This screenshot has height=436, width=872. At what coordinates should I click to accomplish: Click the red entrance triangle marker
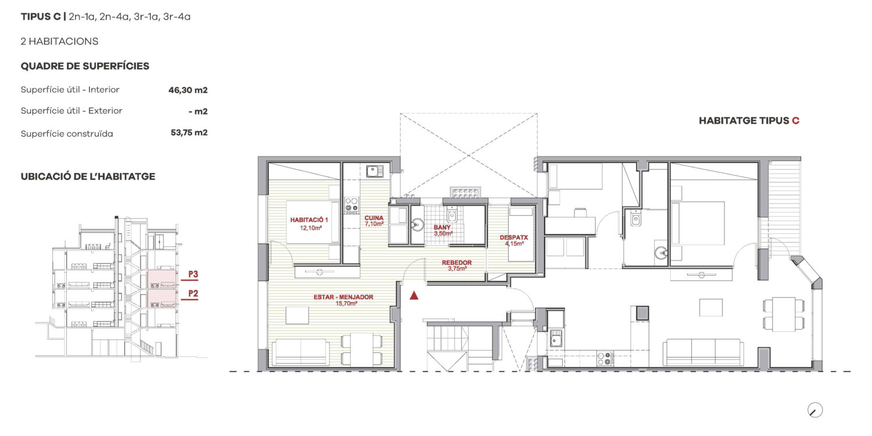(x=414, y=295)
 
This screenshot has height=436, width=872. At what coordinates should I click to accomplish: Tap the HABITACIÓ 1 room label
(x=309, y=220)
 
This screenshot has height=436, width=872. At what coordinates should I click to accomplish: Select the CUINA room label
(x=374, y=218)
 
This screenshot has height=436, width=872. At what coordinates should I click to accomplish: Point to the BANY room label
(x=442, y=227)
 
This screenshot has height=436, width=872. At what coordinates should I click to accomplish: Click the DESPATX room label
(x=514, y=237)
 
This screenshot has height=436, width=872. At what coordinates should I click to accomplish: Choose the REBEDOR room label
(x=456, y=263)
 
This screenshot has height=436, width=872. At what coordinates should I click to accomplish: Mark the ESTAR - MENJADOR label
(x=344, y=297)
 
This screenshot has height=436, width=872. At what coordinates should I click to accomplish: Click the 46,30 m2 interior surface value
(x=188, y=90)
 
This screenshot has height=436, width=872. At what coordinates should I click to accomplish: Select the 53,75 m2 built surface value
(x=189, y=133)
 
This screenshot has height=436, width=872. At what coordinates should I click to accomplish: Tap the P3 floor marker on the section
(x=193, y=274)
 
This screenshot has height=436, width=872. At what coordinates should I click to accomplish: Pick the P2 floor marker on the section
(x=193, y=293)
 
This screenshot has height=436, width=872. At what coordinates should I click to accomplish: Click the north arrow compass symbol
(x=815, y=410)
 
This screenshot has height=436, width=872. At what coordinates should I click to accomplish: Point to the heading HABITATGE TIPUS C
(x=749, y=121)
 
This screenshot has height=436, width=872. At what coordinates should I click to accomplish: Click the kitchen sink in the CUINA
(x=374, y=171)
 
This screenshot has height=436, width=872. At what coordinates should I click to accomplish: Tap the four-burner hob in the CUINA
(x=352, y=205)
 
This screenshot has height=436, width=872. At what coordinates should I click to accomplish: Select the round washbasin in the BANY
(x=418, y=224)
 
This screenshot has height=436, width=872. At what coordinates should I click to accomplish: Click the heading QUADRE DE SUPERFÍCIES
(x=85, y=66)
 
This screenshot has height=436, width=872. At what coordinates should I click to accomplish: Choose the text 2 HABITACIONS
(x=59, y=41)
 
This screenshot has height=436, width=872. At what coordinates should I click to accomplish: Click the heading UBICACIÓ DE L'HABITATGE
(x=88, y=177)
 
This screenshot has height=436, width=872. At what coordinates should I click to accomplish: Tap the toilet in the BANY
(x=452, y=214)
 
